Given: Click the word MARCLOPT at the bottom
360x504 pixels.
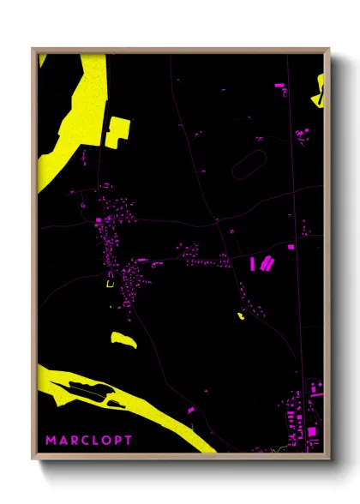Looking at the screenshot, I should pyautogui.click(x=89, y=441).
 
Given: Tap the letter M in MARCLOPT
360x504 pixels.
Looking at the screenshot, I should pyautogui.click(x=51, y=441).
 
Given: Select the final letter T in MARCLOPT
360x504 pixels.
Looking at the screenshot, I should pyautogui.click(x=129, y=441).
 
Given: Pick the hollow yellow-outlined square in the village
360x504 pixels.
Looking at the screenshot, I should pyautogui.click(x=109, y=284).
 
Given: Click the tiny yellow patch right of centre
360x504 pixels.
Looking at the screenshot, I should pyautogui.click(x=241, y=316).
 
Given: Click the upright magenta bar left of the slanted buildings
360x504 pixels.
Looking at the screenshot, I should pyautogui.click(x=252, y=263).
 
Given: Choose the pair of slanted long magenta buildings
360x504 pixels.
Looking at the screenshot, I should pyautogui.click(x=267, y=262).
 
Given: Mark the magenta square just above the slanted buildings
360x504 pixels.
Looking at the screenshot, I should pyautogui.click(x=291, y=247).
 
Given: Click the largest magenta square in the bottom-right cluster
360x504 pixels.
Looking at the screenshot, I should pyautogui.click(x=311, y=431).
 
